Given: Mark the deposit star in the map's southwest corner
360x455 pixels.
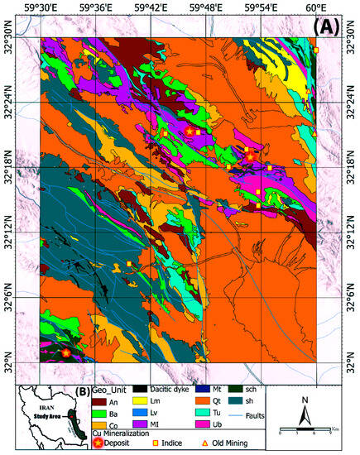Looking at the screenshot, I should [x=66, y=352].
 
